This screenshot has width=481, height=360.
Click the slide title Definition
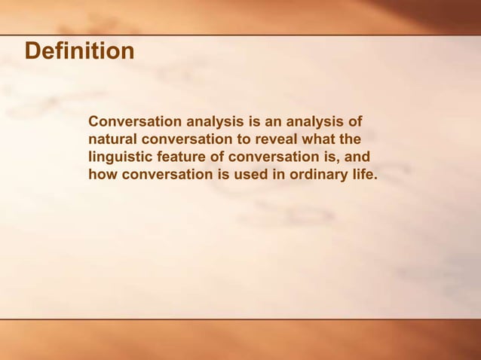pos(79,52)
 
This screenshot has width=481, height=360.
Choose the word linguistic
pos(119,157)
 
